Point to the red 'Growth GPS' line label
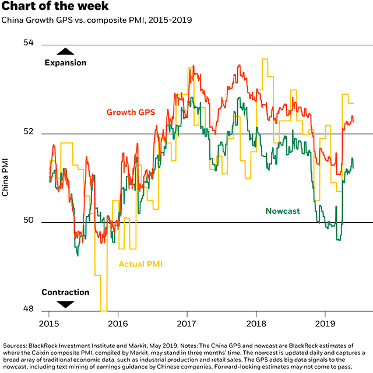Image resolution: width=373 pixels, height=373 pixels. [x=131, y=112]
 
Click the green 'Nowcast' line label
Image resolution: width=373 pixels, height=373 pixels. [x=283, y=211]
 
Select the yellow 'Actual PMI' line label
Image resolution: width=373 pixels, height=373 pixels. [x=140, y=264]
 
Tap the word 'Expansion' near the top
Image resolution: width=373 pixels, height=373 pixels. [x=65, y=62]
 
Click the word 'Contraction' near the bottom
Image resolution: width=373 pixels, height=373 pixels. [x=65, y=292]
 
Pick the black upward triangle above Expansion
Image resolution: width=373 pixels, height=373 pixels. [x=65, y=52]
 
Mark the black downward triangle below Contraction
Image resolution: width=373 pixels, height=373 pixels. [x=65, y=304]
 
